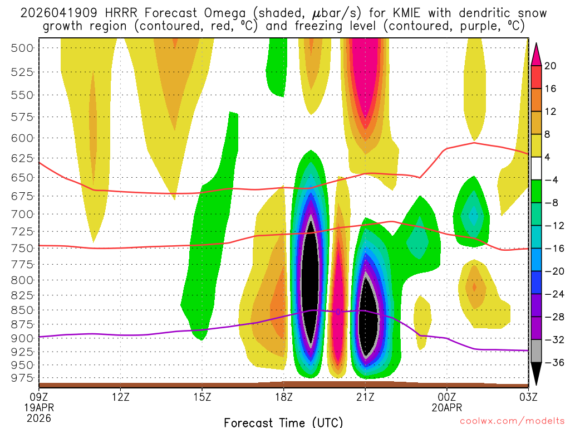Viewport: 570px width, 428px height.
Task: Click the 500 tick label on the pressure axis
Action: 22,48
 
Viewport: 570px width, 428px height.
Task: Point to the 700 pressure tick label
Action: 22,214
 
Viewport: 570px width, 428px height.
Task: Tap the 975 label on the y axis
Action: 22,378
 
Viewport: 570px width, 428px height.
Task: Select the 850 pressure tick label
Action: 22,310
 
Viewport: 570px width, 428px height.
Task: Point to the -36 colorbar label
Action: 553,363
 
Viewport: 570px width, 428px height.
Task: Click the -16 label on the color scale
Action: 553,249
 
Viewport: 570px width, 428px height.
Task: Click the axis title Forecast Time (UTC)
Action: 283,422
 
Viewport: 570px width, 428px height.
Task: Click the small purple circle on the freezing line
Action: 338,312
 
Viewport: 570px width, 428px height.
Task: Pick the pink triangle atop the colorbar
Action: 537,54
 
